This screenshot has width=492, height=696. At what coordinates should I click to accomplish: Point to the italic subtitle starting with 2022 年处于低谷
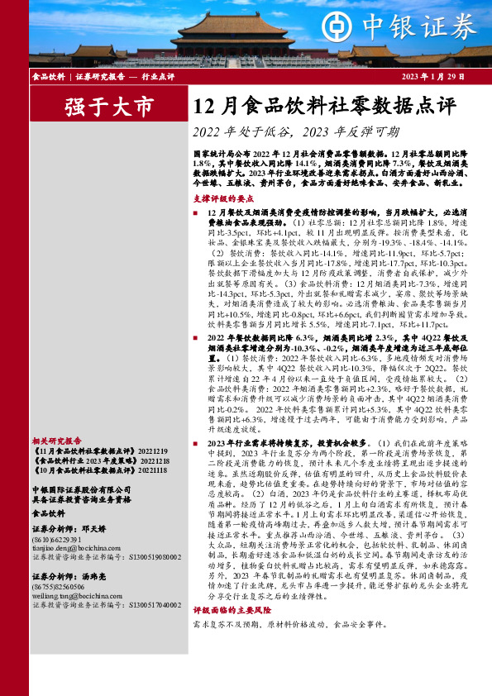pos(295,132)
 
